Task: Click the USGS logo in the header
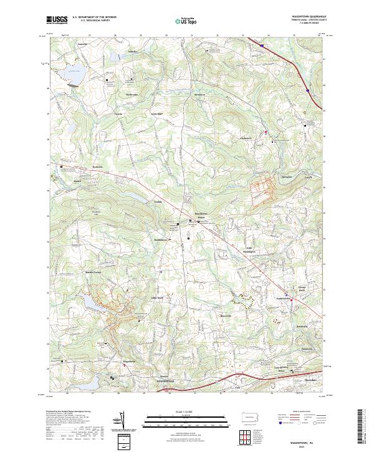point(57,21)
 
